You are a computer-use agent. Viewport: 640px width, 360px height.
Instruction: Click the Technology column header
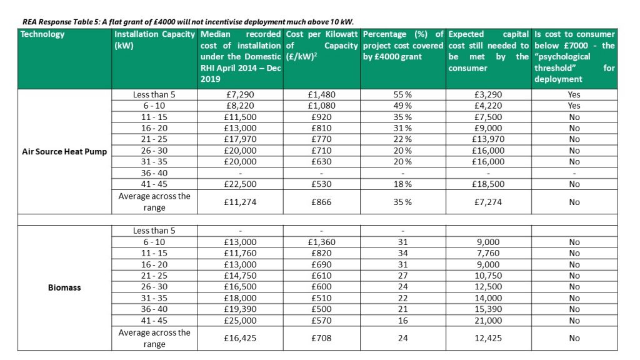click(42, 34)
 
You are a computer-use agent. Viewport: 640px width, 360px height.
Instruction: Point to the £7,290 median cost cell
click(241, 95)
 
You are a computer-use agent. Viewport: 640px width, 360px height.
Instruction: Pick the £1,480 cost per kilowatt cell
click(322, 95)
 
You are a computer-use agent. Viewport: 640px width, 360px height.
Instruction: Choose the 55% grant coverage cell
click(402, 95)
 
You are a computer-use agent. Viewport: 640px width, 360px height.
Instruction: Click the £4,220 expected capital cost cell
click(488, 106)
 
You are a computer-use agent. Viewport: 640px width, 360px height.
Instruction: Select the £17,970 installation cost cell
click(241, 139)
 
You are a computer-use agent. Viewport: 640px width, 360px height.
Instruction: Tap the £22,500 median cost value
click(241, 184)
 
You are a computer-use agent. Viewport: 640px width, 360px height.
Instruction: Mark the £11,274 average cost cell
click(241, 202)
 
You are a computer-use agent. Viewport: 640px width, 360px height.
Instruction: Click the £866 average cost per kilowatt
click(322, 202)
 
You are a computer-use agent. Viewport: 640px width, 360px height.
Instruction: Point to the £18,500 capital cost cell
click(488, 184)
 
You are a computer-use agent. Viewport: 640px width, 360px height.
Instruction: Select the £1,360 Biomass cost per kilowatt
click(322, 242)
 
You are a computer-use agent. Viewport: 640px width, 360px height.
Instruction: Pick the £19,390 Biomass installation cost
click(241, 309)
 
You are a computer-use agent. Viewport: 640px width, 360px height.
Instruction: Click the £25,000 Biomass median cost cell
click(241, 321)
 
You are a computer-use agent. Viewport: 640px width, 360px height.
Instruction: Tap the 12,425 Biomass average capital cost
click(488, 338)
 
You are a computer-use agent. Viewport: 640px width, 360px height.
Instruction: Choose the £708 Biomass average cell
click(322, 338)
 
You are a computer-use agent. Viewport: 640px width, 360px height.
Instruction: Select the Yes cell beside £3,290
click(574, 95)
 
